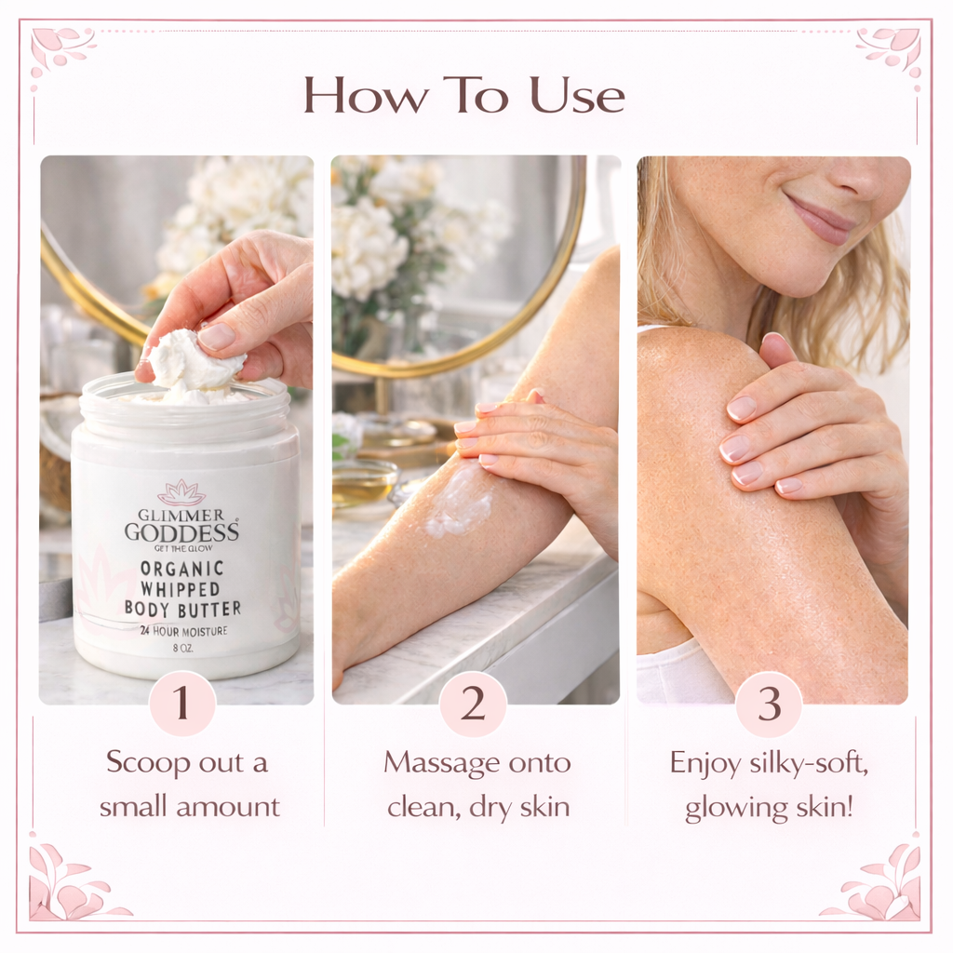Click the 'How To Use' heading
tap(463, 95)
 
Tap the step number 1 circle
tap(181, 704)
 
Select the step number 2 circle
tap(473, 704)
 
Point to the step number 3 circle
tap(768, 704)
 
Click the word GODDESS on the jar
tap(182, 531)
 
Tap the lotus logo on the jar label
tap(182, 492)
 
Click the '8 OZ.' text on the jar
tap(182, 649)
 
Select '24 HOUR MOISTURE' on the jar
tap(182, 632)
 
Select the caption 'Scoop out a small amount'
tap(189, 784)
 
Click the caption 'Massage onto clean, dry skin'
tap(477, 784)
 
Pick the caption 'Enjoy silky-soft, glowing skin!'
tap(769, 784)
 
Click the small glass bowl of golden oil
tap(364, 485)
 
